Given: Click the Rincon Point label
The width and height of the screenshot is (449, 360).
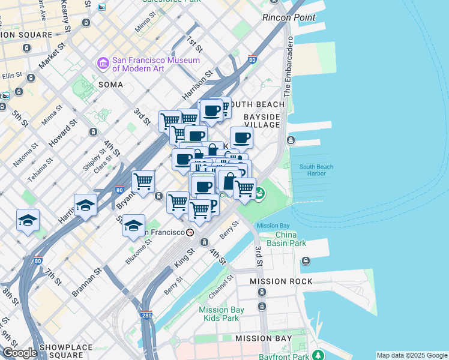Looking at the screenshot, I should pos(289,17).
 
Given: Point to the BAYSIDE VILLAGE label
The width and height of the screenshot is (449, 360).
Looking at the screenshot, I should pos(262,120).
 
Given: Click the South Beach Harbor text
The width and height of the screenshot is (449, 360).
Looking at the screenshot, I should pos(313,170).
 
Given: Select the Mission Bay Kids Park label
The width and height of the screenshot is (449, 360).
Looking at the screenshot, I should pos(221,314).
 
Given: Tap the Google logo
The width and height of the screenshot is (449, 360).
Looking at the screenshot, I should pos(20,353).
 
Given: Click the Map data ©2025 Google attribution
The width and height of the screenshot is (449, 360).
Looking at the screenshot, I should pos(412,355).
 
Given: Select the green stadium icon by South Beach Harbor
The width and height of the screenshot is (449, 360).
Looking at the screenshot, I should pos(260,194).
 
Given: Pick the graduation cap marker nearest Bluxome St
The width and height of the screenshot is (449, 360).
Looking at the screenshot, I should pos(134,225).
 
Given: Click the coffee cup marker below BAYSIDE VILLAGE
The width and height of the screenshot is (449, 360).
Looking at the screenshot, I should pos(241,137).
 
